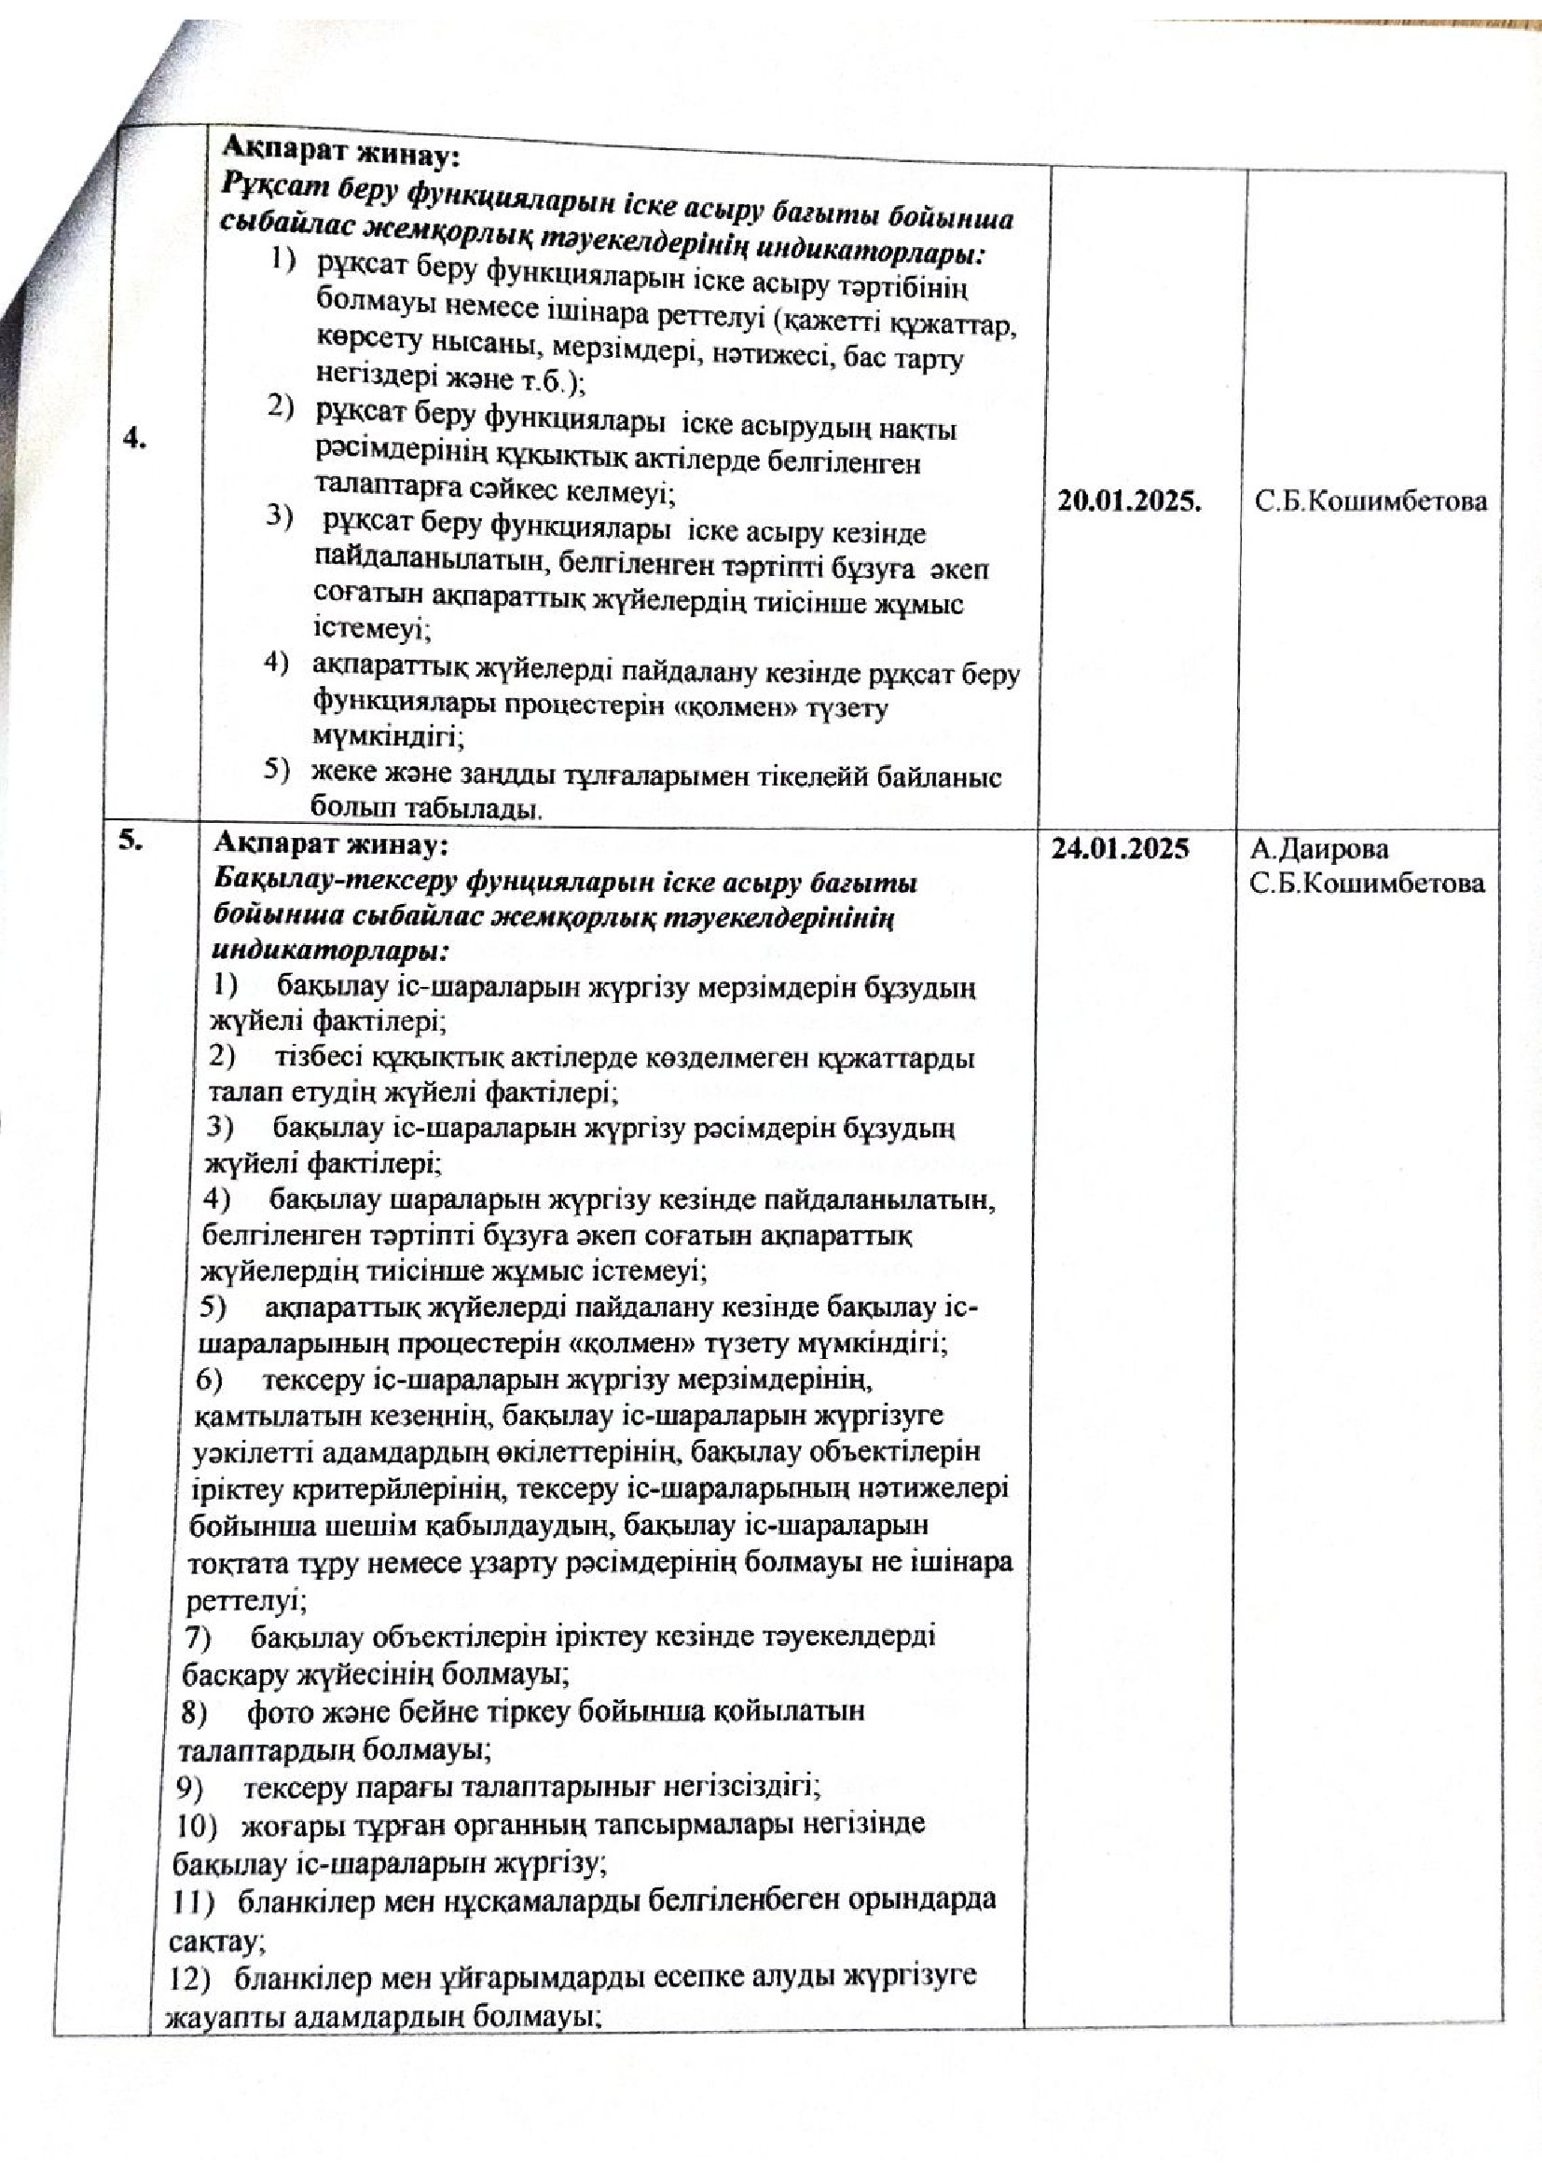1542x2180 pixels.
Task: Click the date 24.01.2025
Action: click(x=1120, y=849)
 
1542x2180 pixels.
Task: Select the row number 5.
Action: click(x=131, y=840)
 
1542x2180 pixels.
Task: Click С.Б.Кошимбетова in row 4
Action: click(x=1371, y=501)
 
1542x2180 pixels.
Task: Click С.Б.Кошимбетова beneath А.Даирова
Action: click(x=1367, y=883)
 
